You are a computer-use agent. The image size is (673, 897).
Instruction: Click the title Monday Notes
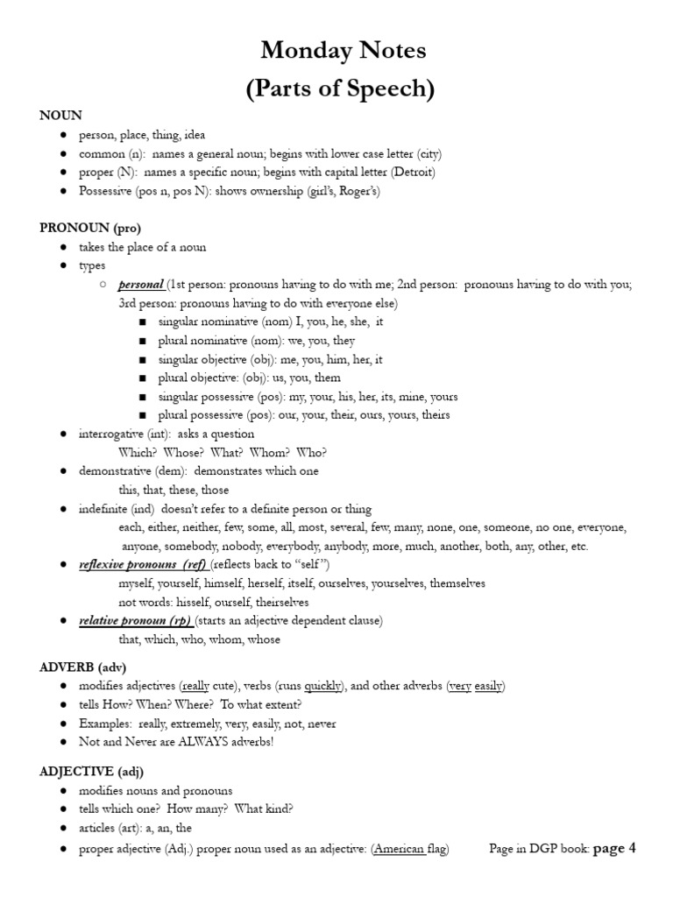click(x=343, y=52)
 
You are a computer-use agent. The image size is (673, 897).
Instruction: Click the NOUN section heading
click(x=60, y=116)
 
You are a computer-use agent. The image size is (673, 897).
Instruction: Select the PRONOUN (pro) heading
click(x=89, y=228)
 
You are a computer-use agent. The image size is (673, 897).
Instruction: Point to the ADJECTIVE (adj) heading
click(x=91, y=771)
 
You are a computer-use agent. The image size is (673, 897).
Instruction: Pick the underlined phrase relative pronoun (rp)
click(x=134, y=620)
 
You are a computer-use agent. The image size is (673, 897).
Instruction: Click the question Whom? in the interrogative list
click(x=268, y=453)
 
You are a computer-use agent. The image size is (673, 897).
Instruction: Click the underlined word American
click(x=400, y=850)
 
